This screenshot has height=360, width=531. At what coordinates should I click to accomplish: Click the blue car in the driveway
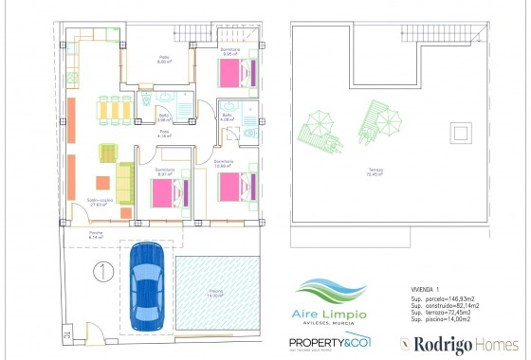click(147, 277)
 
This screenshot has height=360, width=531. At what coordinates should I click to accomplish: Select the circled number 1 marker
click(99, 272)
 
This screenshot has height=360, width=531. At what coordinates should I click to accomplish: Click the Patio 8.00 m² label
click(164, 60)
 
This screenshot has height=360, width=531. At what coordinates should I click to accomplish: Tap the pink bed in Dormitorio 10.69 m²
click(238, 185)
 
